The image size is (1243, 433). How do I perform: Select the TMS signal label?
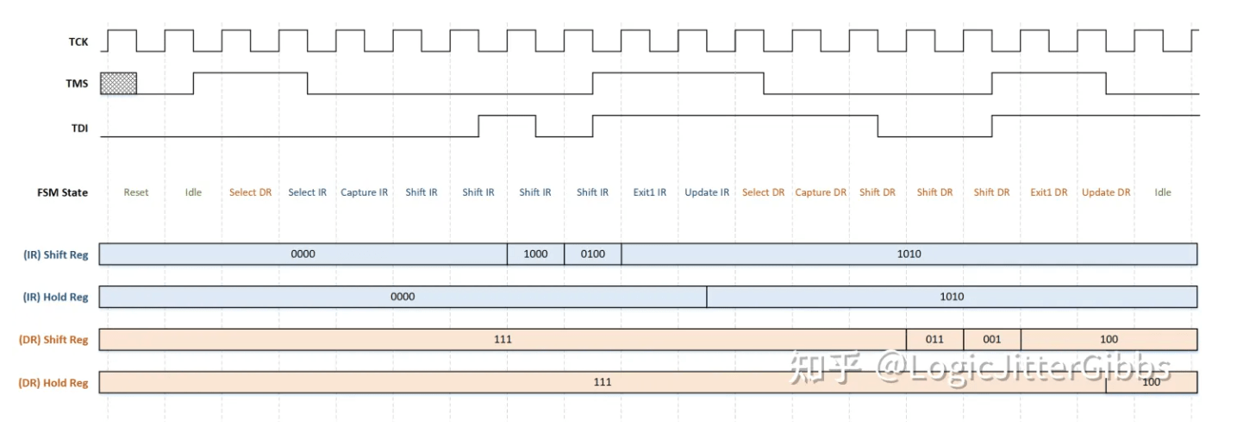tap(77, 84)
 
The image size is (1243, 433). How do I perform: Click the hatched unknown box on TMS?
tap(118, 83)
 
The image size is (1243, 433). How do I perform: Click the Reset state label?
tap(136, 192)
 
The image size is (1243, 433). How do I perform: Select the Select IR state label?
tap(308, 192)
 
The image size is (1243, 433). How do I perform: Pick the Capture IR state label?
tap(364, 192)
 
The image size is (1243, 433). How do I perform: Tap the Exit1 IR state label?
tap(650, 192)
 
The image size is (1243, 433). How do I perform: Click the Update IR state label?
tap(707, 192)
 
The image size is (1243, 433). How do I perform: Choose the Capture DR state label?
tap(821, 192)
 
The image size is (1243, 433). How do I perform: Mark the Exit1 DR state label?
tap(1049, 192)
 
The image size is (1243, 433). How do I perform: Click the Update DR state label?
tap(1106, 192)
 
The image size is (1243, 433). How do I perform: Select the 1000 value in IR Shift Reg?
tap(535, 254)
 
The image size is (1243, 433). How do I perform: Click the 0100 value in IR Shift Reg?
tap(592, 254)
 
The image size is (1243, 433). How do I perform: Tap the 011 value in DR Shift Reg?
tap(934, 339)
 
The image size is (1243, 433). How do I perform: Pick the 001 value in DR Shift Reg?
tap(992, 339)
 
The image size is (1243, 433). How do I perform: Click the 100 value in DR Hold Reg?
tap(1151, 382)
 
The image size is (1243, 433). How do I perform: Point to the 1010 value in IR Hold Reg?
tap(952, 297)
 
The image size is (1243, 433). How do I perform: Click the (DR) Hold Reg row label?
tap(53, 382)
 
